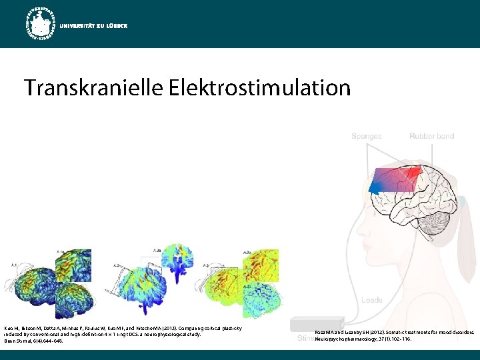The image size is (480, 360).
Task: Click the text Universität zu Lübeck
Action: pos(93,25)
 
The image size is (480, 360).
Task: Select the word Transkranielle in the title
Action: pos(93,87)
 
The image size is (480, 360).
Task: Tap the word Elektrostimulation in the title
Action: pos(259,87)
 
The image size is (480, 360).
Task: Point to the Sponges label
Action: pos(367,136)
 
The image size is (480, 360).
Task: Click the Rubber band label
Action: pos(431,136)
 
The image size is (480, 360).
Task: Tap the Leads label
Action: pos(372,301)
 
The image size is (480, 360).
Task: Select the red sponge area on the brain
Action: pos(411,175)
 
